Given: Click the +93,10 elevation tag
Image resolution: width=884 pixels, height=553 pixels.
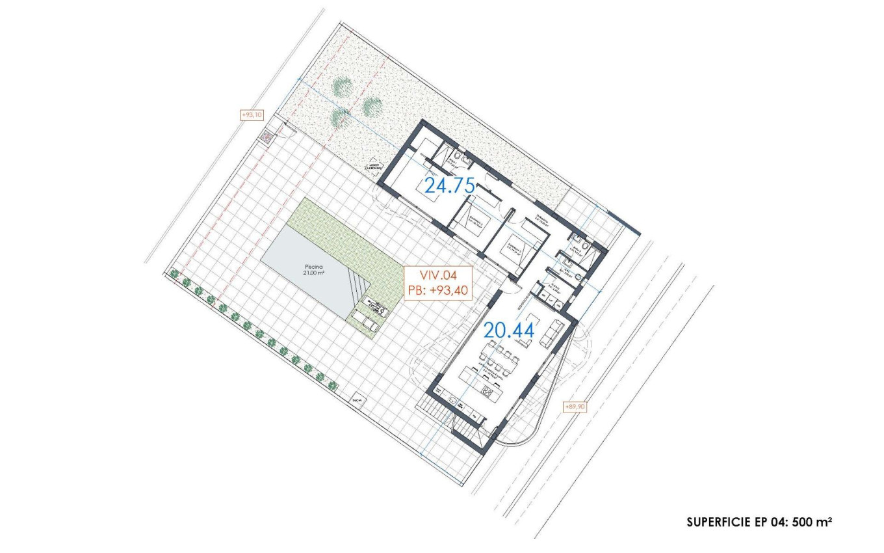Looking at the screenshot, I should [252, 115].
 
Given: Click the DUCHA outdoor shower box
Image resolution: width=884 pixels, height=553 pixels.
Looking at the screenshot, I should [356, 401].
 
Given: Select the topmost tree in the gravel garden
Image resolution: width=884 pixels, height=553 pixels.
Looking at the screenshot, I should [342, 87].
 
